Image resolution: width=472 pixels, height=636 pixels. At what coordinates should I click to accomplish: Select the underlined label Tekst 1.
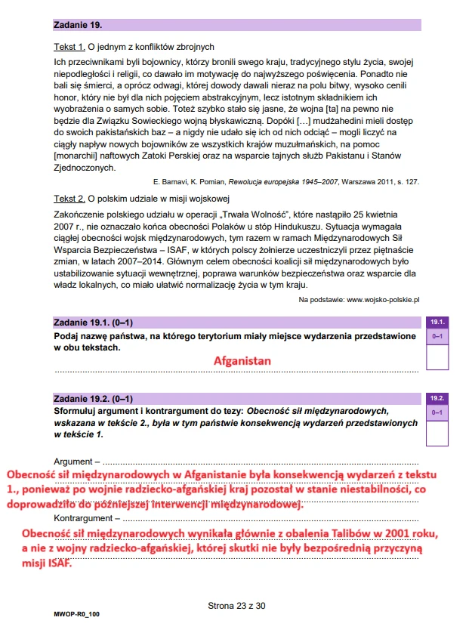pyautogui.click(x=69, y=46)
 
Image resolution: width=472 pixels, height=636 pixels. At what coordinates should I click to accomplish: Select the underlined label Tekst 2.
pyautogui.click(x=69, y=198)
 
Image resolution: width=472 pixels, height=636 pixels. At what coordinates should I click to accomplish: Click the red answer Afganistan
pyautogui.click(x=242, y=361)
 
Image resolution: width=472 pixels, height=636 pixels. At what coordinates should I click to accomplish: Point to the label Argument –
pyautogui.click(x=76, y=461)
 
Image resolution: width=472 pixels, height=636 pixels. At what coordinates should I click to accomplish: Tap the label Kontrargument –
pyautogui.click(x=86, y=518)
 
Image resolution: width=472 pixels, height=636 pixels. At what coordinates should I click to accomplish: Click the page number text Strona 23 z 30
pyautogui.click(x=236, y=605)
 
